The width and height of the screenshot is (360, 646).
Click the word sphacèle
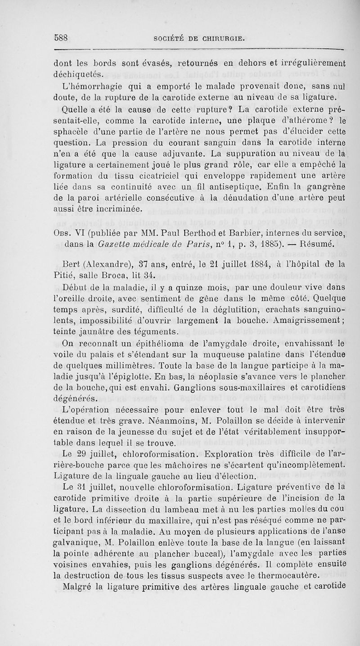[x=67, y=133]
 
